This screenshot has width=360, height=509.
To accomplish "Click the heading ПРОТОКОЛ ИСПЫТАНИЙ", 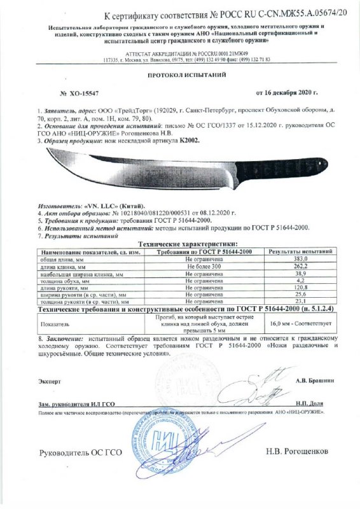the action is (x=179, y=74).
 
